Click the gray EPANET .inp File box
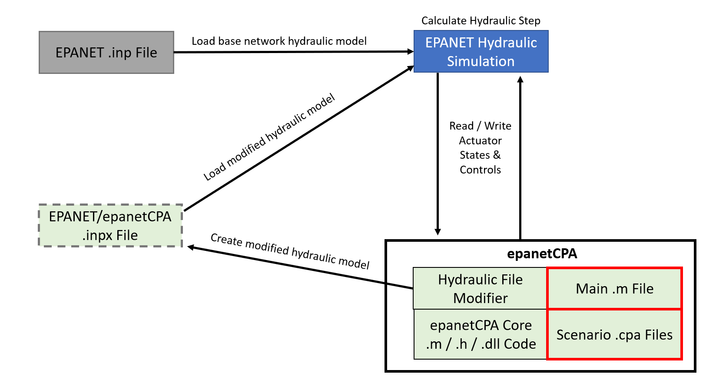[106, 53]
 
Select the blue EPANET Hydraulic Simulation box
[481, 51]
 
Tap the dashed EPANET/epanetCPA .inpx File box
[110, 226]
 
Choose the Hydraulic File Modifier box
[480, 288]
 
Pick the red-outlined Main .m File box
[614, 288]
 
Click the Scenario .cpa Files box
[614, 334]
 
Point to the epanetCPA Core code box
[480, 334]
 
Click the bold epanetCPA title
[542, 254]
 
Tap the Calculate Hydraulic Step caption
[481, 20]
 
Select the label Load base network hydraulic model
[279, 41]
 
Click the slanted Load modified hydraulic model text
[269, 137]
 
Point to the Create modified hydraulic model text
[290, 251]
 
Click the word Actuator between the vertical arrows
[480, 140]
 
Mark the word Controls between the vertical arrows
[480, 170]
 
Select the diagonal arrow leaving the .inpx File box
[300, 138]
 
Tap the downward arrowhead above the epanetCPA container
[438, 231]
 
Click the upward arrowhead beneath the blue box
[520, 80]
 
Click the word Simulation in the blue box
[481, 61]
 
